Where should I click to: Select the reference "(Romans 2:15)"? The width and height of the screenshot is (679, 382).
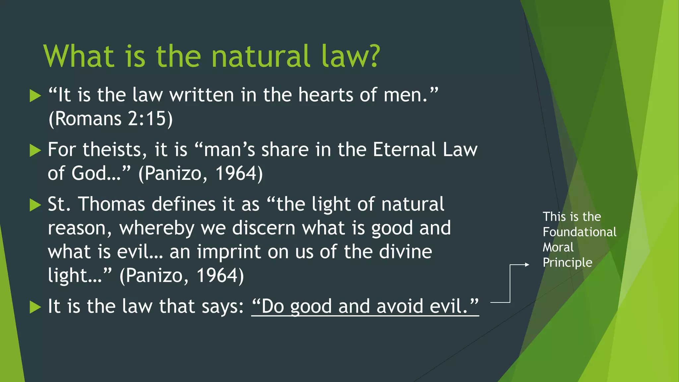click(x=111, y=119)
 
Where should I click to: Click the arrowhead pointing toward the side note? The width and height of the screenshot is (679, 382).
click(x=527, y=265)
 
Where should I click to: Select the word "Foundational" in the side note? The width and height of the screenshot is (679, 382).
click(x=579, y=232)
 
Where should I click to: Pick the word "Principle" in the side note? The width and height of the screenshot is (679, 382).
click(x=567, y=263)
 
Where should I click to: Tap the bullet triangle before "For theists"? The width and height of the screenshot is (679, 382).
click(x=35, y=151)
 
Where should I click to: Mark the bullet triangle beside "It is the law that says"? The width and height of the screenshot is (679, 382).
click(x=35, y=307)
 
